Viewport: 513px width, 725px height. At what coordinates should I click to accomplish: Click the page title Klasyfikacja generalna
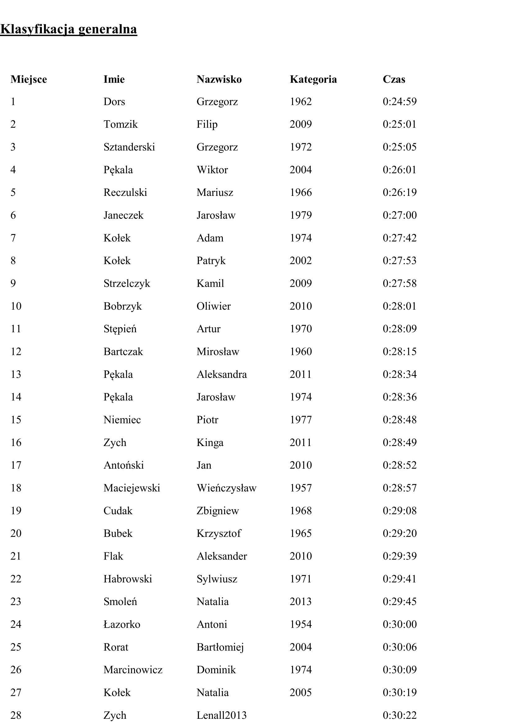coord(69,29)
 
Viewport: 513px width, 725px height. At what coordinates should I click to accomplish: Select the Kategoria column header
coord(313,79)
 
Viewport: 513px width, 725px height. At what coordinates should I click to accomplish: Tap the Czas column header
coord(394,79)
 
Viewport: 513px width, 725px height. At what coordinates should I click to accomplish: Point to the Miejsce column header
coord(29,79)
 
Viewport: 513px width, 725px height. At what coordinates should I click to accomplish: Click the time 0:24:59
coord(399,102)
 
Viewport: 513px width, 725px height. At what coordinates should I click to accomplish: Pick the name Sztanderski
coord(129,147)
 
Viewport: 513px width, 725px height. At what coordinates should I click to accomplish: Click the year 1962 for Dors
coord(301,102)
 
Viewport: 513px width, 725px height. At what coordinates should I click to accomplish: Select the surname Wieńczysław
coord(226,488)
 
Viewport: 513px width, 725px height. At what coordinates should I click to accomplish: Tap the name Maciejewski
coord(132,488)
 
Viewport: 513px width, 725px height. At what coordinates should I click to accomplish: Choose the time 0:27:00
coord(399,215)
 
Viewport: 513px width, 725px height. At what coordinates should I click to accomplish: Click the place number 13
coord(16,374)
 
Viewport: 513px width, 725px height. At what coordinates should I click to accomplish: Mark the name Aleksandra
coord(222,374)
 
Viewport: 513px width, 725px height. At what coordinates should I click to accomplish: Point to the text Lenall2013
coord(221,715)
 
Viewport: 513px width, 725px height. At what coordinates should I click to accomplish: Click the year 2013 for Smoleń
coord(301,602)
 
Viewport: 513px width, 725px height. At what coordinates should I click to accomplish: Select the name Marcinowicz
coord(133,670)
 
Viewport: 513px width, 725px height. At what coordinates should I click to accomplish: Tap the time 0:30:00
coord(399,624)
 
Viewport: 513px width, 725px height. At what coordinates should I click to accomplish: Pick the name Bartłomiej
coord(220,647)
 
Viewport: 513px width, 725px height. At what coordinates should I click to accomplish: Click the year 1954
coord(301,624)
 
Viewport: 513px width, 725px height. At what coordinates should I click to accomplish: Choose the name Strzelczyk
coord(127,284)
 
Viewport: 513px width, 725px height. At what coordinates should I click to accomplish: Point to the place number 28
coord(16,715)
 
